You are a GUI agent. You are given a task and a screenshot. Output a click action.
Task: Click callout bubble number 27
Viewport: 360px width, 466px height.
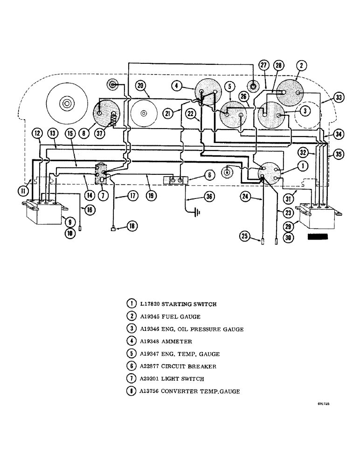tap(263, 65)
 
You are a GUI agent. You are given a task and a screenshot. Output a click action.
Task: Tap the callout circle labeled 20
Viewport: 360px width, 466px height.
tap(141, 85)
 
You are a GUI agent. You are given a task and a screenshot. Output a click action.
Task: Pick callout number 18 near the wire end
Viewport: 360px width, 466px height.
tap(133, 226)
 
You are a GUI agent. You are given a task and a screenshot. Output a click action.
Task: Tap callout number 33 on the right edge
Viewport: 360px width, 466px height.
tap(339, 97)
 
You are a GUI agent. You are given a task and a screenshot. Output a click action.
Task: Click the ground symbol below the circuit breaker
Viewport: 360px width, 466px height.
tap(197, 213)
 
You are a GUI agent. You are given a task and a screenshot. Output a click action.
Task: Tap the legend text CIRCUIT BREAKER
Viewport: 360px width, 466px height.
tap(181, 367)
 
